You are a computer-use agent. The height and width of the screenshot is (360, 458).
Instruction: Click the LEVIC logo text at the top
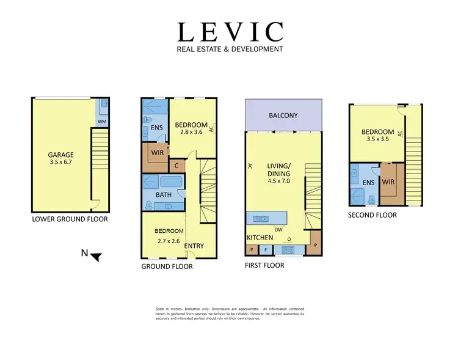tap(230, 32)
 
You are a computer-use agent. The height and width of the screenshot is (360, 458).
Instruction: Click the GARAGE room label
tap(61, 155)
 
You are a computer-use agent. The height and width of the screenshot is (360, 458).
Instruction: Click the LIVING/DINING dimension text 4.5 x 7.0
tap(278, 181)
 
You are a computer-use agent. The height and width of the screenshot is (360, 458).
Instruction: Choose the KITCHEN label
tap(260, 237)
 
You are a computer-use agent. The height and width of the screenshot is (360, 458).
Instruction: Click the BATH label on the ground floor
tap(163, 195)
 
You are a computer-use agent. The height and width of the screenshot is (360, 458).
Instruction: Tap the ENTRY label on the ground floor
tap(194, 246)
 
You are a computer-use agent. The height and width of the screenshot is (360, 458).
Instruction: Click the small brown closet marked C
tap(176, 165)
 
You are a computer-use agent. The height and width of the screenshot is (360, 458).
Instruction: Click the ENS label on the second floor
tap(368, 182)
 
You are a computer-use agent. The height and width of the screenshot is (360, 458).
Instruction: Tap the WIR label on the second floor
tap(388, 182)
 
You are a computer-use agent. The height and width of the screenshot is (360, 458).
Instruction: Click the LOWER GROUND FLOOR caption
tap(70, 218)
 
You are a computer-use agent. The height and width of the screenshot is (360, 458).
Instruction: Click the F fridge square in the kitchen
tap(266, 250)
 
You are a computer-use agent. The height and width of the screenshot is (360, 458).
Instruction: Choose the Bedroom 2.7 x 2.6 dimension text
tap(168, 241)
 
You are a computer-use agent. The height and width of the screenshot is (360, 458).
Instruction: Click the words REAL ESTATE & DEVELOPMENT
tap(230, 50)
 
